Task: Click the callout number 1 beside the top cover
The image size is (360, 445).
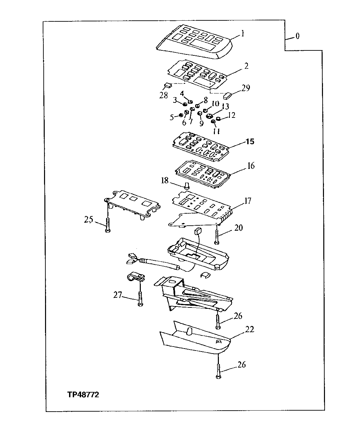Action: (243, 34)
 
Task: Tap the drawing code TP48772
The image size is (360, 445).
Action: (83, 395)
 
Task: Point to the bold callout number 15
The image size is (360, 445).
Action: (250, 142)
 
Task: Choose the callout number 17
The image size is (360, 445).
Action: (248, 201)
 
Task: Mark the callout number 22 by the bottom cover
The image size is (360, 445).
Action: (250, 330)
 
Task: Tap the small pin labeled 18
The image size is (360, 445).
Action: (187, 185)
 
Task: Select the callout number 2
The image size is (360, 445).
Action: (246, 66)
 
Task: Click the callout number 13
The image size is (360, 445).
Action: (226, 106)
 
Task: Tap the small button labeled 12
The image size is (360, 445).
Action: (219, 119)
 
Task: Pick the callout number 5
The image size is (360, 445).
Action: (171, 117)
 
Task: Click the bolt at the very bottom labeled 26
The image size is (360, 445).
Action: (218, 371)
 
